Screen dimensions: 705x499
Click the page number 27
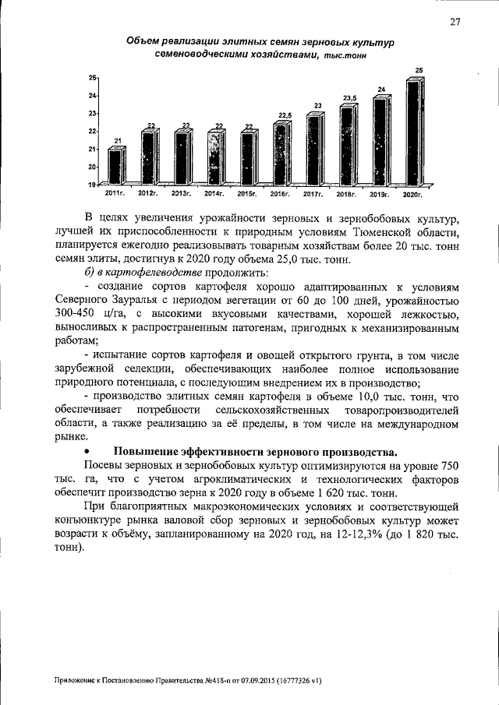click(455, 23)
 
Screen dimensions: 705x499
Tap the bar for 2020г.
click(414, 132)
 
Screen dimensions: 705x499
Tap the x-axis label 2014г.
click(214, 192)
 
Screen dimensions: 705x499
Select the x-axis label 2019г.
click(379, 192)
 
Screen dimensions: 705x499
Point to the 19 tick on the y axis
click(91, 185)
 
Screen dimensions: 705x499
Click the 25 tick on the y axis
click(91, 78)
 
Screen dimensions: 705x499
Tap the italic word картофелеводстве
click(161, 273)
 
